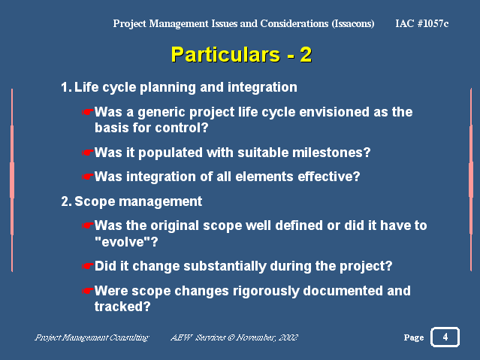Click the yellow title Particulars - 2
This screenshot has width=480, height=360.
241,55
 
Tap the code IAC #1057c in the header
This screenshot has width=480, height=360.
422,23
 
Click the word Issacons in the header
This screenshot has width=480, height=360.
353,23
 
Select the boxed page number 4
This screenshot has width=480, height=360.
445,337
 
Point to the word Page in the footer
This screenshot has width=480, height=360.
414,337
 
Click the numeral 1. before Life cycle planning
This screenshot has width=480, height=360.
66,87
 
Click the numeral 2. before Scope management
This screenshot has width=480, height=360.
66,201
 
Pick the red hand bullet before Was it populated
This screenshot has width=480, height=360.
88,153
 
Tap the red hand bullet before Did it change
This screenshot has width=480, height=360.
88,266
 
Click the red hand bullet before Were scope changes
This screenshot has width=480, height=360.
88,290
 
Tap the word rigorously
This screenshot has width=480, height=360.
266,291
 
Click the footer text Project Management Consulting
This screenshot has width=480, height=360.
92,337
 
